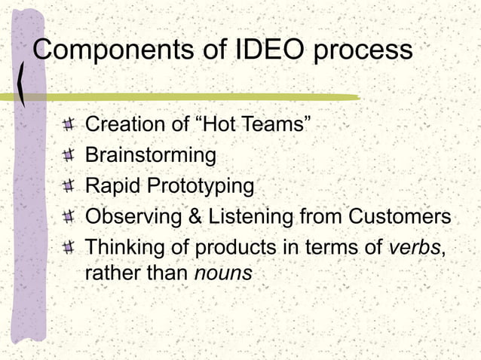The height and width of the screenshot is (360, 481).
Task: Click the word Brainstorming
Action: pyautogui.click(x=151, y=155)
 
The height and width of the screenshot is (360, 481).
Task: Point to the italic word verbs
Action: pyautogui.click(x=416, y=246)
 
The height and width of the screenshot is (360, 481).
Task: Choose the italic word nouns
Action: pyautogui.click(x=222, y=273)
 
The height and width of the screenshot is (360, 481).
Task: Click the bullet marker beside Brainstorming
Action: pyautogui.click(x=69, y=156)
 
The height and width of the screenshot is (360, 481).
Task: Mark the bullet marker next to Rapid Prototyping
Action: pyautogui.click(x=69, y=186)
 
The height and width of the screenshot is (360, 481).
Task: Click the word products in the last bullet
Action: pyautogui.click(x=235, y=247)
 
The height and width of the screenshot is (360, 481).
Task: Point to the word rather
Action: pyautogui.click(x=110, y=273)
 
